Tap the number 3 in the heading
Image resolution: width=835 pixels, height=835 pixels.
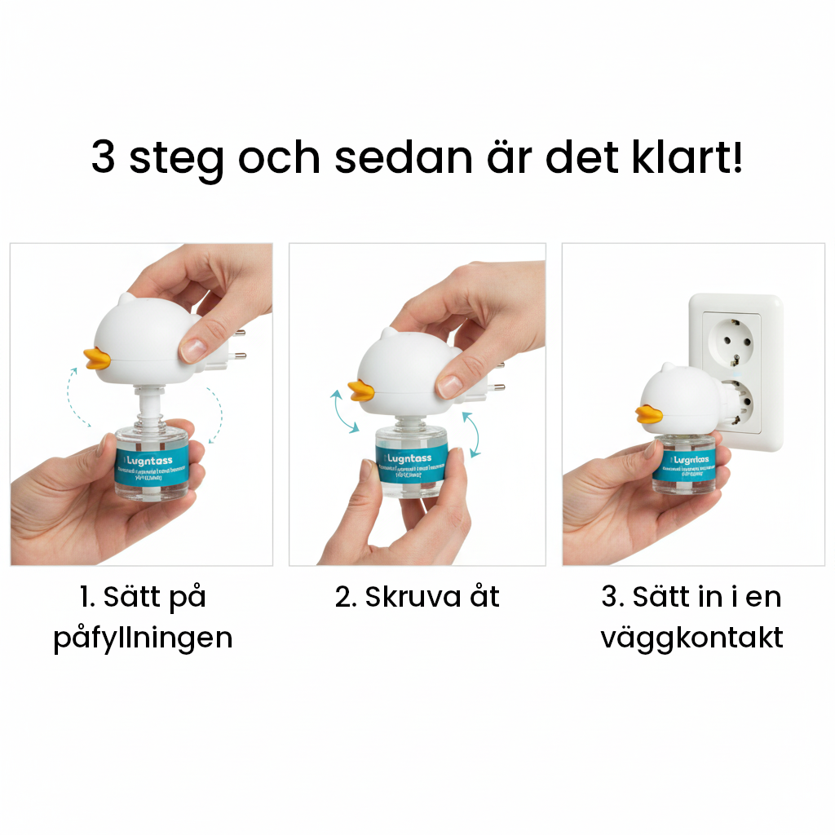point(103,157)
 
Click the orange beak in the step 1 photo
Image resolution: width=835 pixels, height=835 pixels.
point(97,360)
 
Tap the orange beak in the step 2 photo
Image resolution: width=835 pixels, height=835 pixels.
point(361,391)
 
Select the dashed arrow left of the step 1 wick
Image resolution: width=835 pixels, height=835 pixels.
point(79,397)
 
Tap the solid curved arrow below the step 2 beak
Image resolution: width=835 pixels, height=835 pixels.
point(343,413)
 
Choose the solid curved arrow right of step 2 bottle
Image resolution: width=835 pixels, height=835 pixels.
point(471,434)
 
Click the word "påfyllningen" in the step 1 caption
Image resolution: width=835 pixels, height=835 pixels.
point(143,637)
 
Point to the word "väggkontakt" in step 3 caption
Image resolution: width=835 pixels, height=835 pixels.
point(691,637)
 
